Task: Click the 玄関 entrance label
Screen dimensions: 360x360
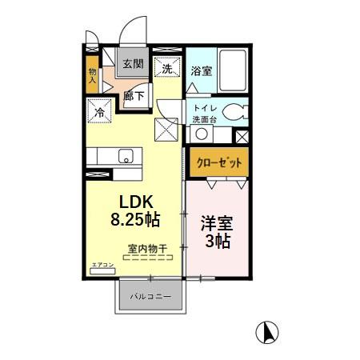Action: pos(132,64)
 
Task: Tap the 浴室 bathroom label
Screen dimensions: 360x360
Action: pos(202,71)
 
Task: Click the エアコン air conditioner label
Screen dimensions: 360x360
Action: pos(102,264)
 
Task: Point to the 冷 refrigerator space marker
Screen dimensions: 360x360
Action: pos(101,112)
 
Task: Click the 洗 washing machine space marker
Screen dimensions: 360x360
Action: pos(167,69)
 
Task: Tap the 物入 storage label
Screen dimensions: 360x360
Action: pos(92,75)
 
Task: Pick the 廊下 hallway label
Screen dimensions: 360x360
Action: pos(134,95)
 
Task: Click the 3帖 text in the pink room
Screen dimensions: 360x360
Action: pos(214,241)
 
